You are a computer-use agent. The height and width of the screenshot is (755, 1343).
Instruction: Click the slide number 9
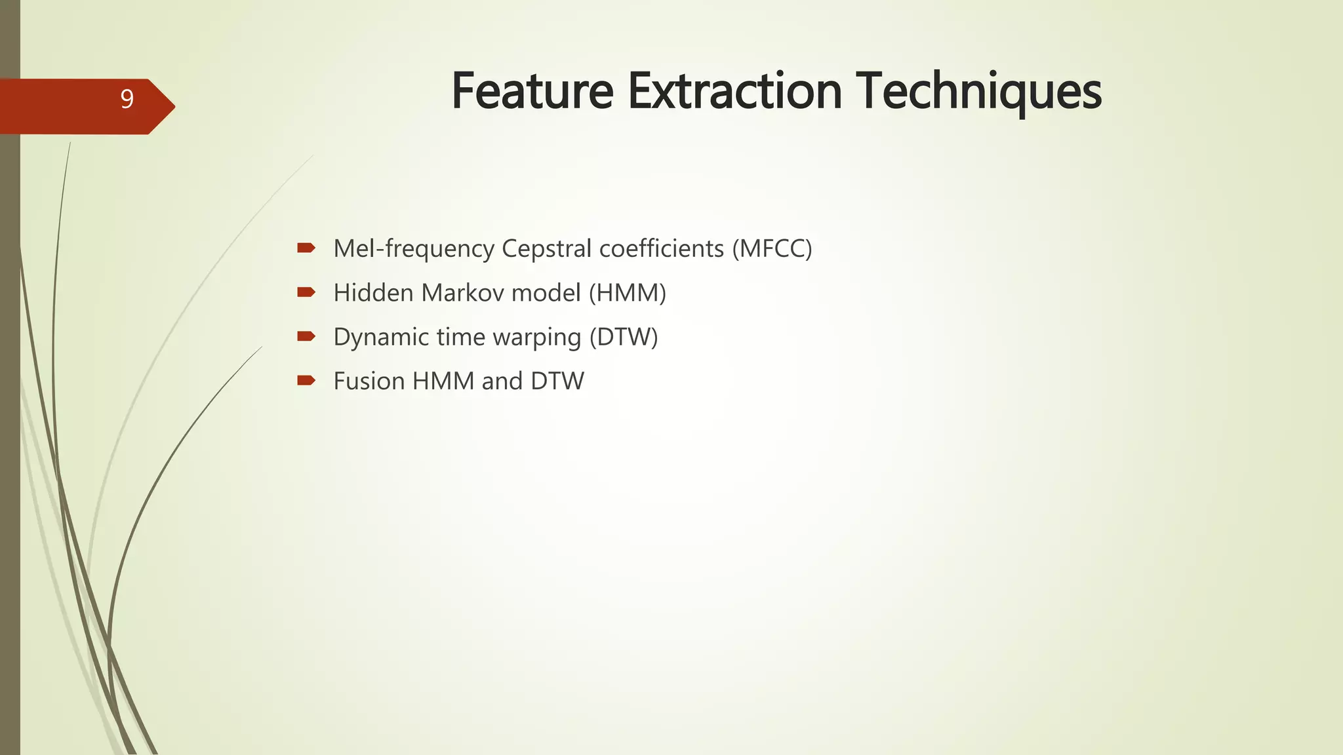[127, 99]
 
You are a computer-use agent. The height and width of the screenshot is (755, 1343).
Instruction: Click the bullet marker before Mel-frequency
[306, 248]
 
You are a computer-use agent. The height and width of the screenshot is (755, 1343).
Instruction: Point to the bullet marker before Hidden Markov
[306, 292]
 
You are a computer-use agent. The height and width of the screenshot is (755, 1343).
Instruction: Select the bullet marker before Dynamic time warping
[306, 336]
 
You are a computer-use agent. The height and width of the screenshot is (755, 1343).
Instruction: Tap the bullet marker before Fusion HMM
[306, 380]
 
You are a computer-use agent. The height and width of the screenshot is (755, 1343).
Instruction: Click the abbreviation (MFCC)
[772, 248]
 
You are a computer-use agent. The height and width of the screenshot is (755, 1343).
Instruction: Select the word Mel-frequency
[414, 248]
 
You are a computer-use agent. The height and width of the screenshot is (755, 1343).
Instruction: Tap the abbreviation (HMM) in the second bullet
[627, 292]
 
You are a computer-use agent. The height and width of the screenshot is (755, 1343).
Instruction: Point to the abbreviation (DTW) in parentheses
[623, 337]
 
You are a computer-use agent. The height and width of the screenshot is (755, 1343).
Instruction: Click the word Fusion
[369, 381]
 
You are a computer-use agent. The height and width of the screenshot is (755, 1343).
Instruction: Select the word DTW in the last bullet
[557, 381]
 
